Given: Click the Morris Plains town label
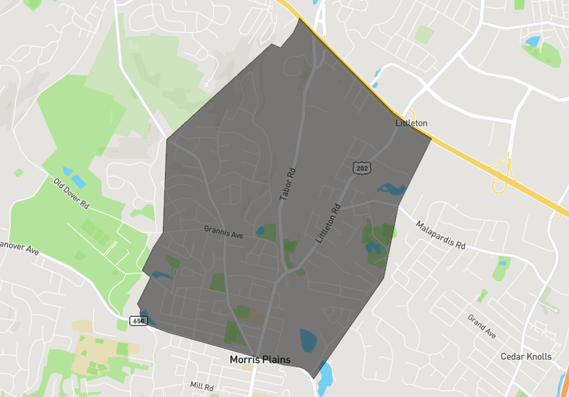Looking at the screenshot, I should [260, 359].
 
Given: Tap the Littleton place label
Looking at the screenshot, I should [411, 123].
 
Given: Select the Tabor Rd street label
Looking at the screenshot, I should [288, 184].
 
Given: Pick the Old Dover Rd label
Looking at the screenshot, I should [71, 193].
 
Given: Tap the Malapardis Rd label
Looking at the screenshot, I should [440, 235].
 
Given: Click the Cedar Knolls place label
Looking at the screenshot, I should [526, 357].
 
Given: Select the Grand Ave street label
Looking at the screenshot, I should [482, 326].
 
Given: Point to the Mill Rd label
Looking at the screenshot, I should [201, 388].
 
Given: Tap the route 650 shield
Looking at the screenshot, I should [138, 320].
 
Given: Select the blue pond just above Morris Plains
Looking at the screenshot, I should [308, 339].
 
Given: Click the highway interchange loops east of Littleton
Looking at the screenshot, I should [500, 177].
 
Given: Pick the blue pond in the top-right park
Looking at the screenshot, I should [533, 42].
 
